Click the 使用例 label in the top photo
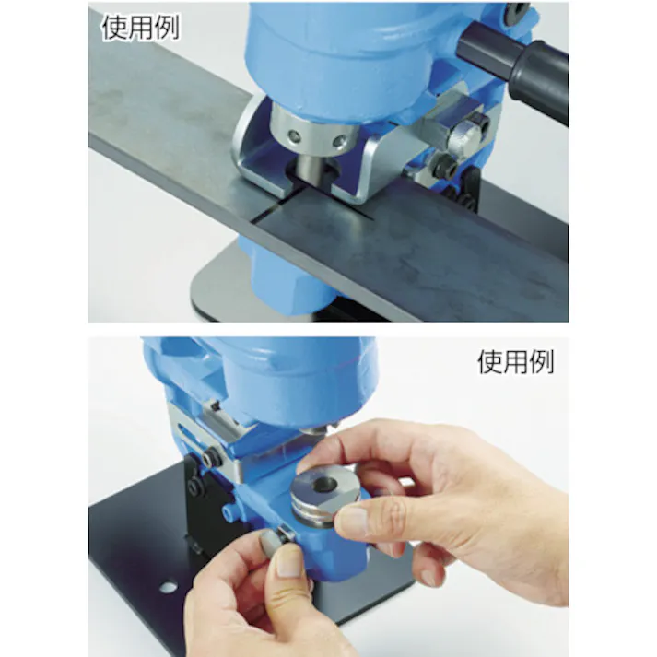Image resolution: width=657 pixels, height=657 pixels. [x=140, y=27]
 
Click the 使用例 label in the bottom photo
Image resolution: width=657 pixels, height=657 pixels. [x=516, y=361]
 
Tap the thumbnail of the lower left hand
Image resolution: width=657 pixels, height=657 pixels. [x=287, y=562]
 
